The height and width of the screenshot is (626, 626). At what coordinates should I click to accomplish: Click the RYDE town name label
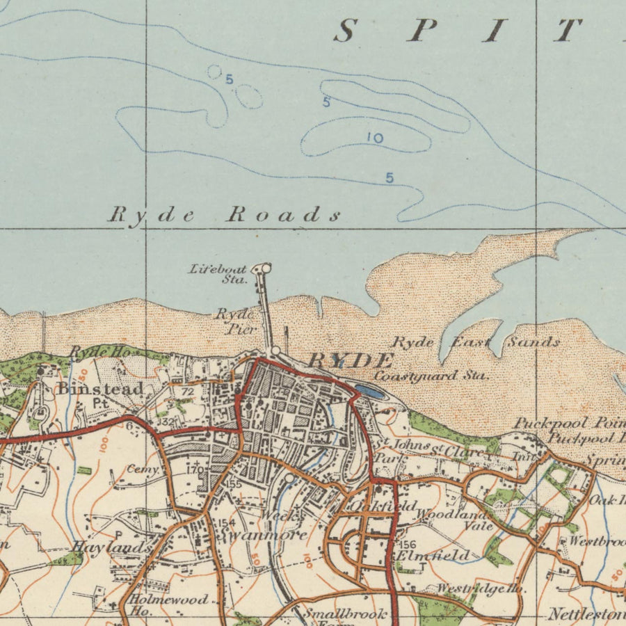[x=350, y=360]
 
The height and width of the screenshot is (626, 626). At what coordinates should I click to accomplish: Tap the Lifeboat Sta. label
[x=218, y=273]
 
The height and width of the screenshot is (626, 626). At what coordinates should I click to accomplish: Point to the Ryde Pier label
[x=234, y=321]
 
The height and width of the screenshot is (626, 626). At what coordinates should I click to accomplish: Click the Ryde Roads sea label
[x=224, y=214]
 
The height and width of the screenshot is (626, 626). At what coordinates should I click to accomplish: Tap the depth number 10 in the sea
[x=375, y=138]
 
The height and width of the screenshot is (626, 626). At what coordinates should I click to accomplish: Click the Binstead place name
[x=100, y=388]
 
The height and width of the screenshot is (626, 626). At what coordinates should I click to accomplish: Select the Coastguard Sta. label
[x=431, y=376]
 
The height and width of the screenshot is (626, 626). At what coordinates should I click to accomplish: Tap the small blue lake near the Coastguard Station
[x=369, y=392]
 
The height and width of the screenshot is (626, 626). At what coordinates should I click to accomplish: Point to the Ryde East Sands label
[x=476, y=342]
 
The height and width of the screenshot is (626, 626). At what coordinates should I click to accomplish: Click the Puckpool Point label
[x=569, y=422]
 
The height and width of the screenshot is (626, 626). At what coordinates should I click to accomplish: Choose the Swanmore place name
[x=262, y=535]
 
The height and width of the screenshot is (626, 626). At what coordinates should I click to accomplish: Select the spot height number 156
[x=408, y=545]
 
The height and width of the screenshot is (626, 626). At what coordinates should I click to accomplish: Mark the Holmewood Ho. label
[x=167, y=604]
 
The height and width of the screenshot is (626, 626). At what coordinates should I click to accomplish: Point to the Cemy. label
[x=143, y=469]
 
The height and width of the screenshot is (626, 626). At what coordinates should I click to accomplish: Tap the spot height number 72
[x=186, y=392]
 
